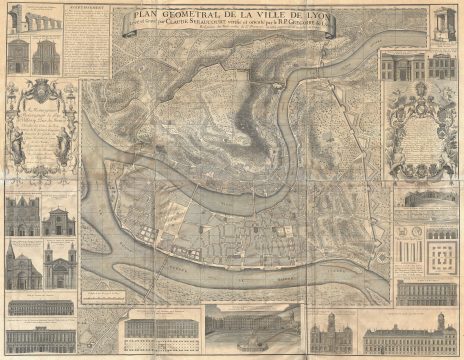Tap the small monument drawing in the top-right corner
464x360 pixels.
pos(443,21)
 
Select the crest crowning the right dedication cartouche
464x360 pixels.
pos(422,101)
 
